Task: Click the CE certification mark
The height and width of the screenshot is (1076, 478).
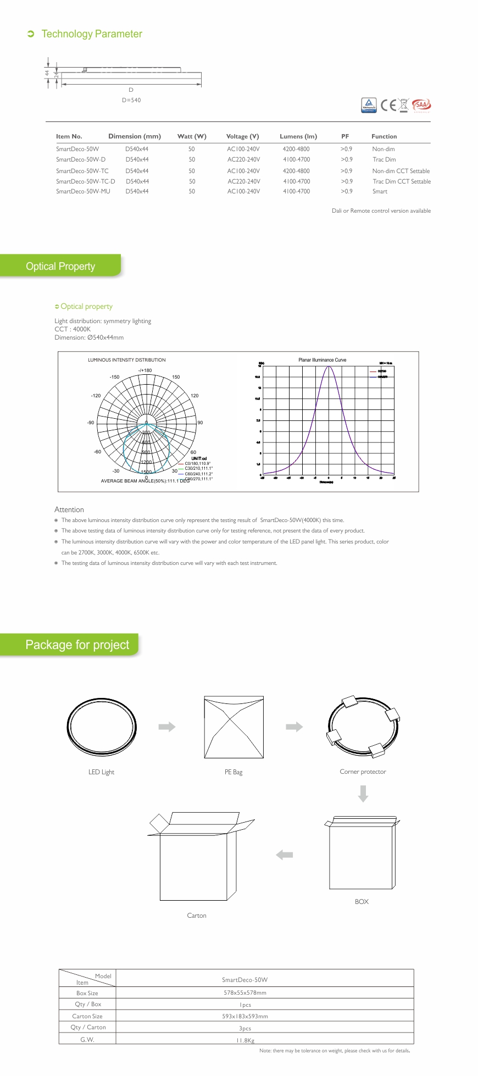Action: click(388, 105)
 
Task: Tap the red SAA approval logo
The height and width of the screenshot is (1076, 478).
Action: click(421, 104)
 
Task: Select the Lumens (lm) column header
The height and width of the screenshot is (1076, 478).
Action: click(298, 136)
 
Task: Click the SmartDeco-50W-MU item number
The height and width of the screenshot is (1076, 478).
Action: click(83, 191)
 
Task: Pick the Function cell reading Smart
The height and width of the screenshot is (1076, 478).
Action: click(380, 191)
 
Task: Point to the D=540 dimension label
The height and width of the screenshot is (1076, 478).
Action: click(131, 100)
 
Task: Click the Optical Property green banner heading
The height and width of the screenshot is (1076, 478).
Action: click(60, 266)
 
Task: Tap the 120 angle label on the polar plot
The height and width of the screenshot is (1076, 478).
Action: click(194, 396)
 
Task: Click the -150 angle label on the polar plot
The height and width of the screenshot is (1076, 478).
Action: click(114, 377)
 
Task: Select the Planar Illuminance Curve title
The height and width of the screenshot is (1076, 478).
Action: click(322, 360)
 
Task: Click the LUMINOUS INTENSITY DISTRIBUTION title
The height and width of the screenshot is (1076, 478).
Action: click(126, 360)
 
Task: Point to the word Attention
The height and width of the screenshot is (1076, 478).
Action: click(69, 509)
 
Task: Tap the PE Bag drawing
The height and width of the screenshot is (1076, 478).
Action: click(234, 727)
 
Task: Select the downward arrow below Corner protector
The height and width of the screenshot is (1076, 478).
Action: click(363, 794)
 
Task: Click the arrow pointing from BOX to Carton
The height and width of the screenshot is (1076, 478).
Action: click(284, 855)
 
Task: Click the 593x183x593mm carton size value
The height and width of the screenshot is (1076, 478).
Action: click(245, 1016)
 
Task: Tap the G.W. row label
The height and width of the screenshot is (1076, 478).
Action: click(87, 1039)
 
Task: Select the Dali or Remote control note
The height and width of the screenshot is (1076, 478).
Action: click(381, 210)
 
